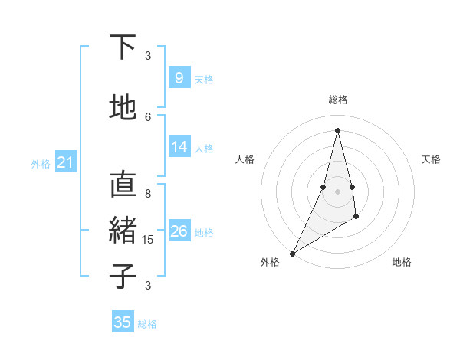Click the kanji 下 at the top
click(123, 48)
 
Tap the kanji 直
click(123, 185)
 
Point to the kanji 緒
click(123, 231)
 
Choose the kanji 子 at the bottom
click(123, 275)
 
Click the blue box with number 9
click(179, 77)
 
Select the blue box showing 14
click(179, 147)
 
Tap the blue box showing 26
click(179, 231)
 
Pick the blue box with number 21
click(65, 162)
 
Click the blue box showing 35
click(123, 322)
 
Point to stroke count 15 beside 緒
click(149, 240)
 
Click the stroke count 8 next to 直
click(148, 193)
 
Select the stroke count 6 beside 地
click(148, 116)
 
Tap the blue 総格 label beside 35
click(147, 324)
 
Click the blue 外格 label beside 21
click(41, 164)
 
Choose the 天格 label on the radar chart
click(431, 159)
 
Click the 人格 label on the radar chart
click(245, 159)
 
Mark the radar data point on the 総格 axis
click(337, 130)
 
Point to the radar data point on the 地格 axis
click(356, 218)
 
